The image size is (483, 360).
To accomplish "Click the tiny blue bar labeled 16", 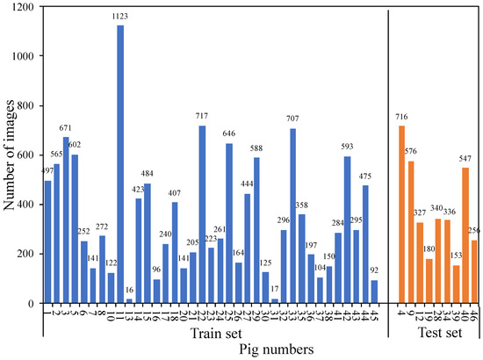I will pyautogui.click(x=130, y=301).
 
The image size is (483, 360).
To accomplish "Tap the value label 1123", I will pyautogui.click(x=120, y=17).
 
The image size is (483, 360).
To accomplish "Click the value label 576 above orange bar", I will pyautogui.click(x=411, y=152).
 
